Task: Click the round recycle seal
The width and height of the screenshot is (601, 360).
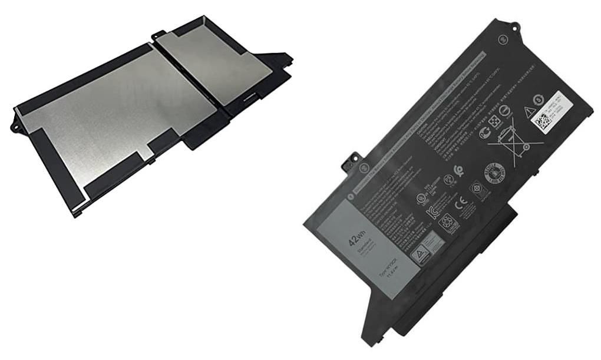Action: click(494, 173)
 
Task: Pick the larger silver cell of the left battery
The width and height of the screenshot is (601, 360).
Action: click(118, 118)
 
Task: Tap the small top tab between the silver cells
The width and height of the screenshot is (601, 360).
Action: click(158, 35)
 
